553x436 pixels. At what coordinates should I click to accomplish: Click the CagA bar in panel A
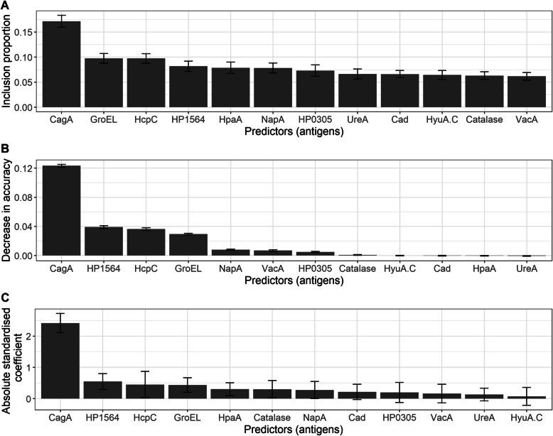[x=61, y=65]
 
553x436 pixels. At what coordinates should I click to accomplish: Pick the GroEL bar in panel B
[x=188, y=244]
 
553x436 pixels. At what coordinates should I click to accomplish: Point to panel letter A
[x=6, y=6]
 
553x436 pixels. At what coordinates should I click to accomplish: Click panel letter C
[x=6, y=299]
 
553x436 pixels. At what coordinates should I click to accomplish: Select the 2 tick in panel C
[x=31, y=336]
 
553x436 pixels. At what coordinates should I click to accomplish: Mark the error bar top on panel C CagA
[x=61, y=313]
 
